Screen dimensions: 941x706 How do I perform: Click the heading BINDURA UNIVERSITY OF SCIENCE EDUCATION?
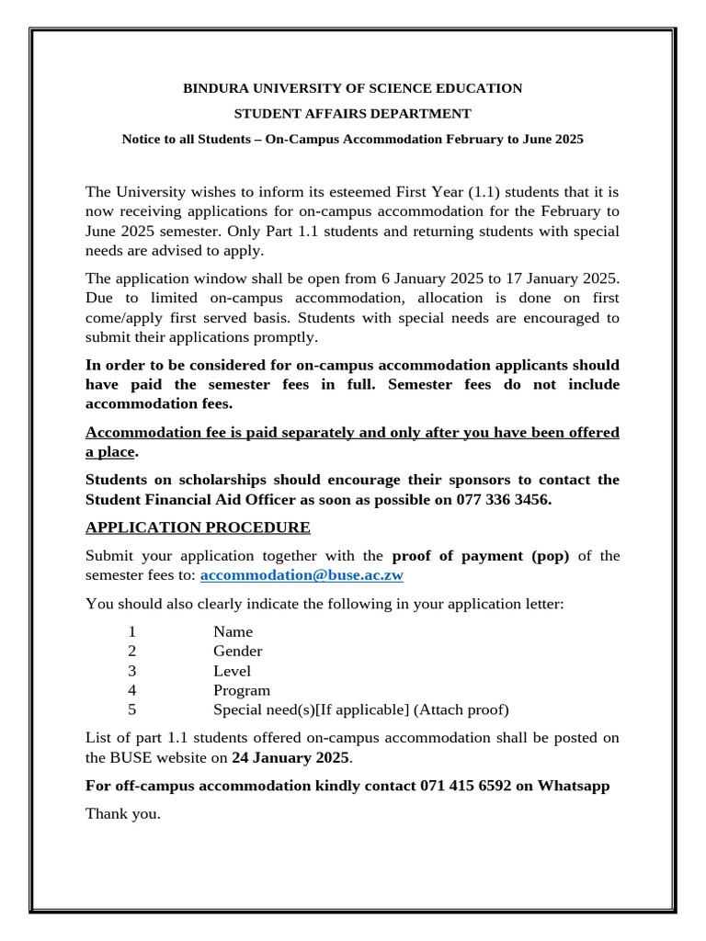352,88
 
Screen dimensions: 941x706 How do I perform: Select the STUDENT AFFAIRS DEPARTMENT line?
352,114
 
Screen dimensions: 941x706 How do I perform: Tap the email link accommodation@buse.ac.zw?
302,575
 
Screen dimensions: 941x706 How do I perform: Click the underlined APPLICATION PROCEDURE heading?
198,527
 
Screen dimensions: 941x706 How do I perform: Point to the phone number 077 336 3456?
503,500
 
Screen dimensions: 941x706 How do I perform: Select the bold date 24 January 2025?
290,758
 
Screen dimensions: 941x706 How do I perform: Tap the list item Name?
233,632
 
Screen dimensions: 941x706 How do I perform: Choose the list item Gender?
237,652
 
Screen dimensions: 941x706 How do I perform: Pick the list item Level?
232,671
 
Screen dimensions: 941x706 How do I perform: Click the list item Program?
242,690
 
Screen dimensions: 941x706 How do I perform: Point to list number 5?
132,709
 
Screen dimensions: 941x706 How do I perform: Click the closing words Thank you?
122,813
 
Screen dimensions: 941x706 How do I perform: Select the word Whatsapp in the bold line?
574,786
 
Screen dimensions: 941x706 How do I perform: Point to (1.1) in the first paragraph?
484,192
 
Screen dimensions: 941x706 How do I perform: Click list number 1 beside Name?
132,632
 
